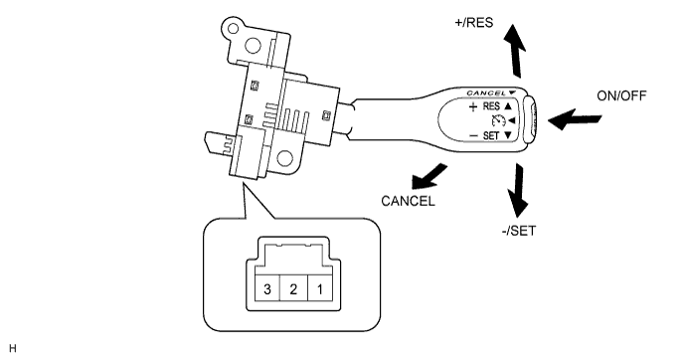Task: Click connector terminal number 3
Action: coord(267,288)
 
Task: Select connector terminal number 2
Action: coord(293,288)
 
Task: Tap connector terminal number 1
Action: coord(320,288)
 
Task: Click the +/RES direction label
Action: coord(474,23)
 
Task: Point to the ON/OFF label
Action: coord(621,96)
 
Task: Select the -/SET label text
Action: coord(519,231)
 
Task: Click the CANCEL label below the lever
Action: coord(408,201)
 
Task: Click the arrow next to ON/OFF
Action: coord(574,119)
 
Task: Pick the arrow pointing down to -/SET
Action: coord(518,190)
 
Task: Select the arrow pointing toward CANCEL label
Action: coord(429,176)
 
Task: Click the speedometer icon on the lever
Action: coord(498,120)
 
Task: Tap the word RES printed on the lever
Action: coord(491,106)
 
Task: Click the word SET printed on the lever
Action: coord(490,136)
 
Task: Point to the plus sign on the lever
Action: coord(472,107)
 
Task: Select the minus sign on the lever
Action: coord(473,136)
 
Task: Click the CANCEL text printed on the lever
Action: coord(486,93)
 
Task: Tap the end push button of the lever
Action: coord(530,119)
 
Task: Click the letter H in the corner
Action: coord(12,348)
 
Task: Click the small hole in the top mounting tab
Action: coord(234,29)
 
